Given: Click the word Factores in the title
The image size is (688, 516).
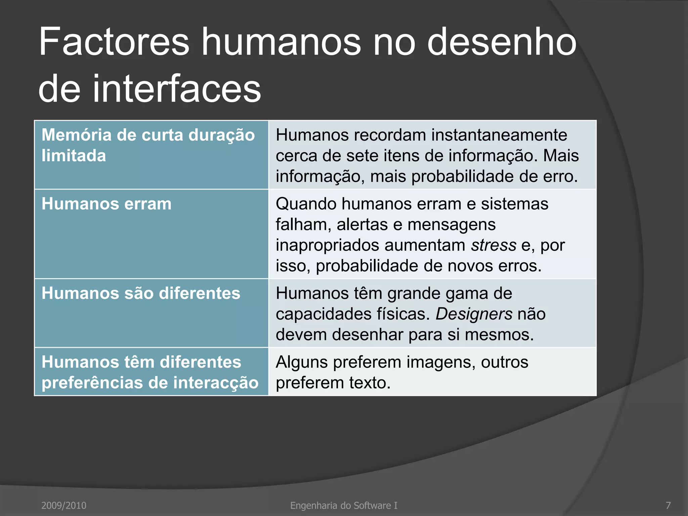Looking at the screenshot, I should click(x=114, y=42).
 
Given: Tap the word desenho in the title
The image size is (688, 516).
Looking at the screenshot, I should click(x=502, y=42).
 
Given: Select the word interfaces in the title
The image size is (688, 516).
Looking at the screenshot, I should click(x=177, y=89).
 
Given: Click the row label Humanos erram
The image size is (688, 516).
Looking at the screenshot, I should click(x=106, y=204).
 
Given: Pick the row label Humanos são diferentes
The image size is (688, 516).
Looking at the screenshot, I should click(x=141, y=293).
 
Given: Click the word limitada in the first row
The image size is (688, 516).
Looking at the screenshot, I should click(x=74, y=156).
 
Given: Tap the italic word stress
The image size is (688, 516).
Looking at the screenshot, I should click(x=493, y=245).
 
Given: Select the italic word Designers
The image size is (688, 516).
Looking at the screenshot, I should click(x=474, y=314).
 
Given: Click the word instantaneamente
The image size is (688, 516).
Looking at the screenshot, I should click(x=499, y=135).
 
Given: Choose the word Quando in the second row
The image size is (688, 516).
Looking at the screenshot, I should click(x=306, y=204).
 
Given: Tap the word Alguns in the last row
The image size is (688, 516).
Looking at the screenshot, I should click(x=302, y=362).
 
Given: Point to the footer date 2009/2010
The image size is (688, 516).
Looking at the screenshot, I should click(x=64, y=505).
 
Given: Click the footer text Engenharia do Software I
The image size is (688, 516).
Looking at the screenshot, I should click(x=344, y=505).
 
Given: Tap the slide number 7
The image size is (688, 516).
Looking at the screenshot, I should click(x=668, y=505).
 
